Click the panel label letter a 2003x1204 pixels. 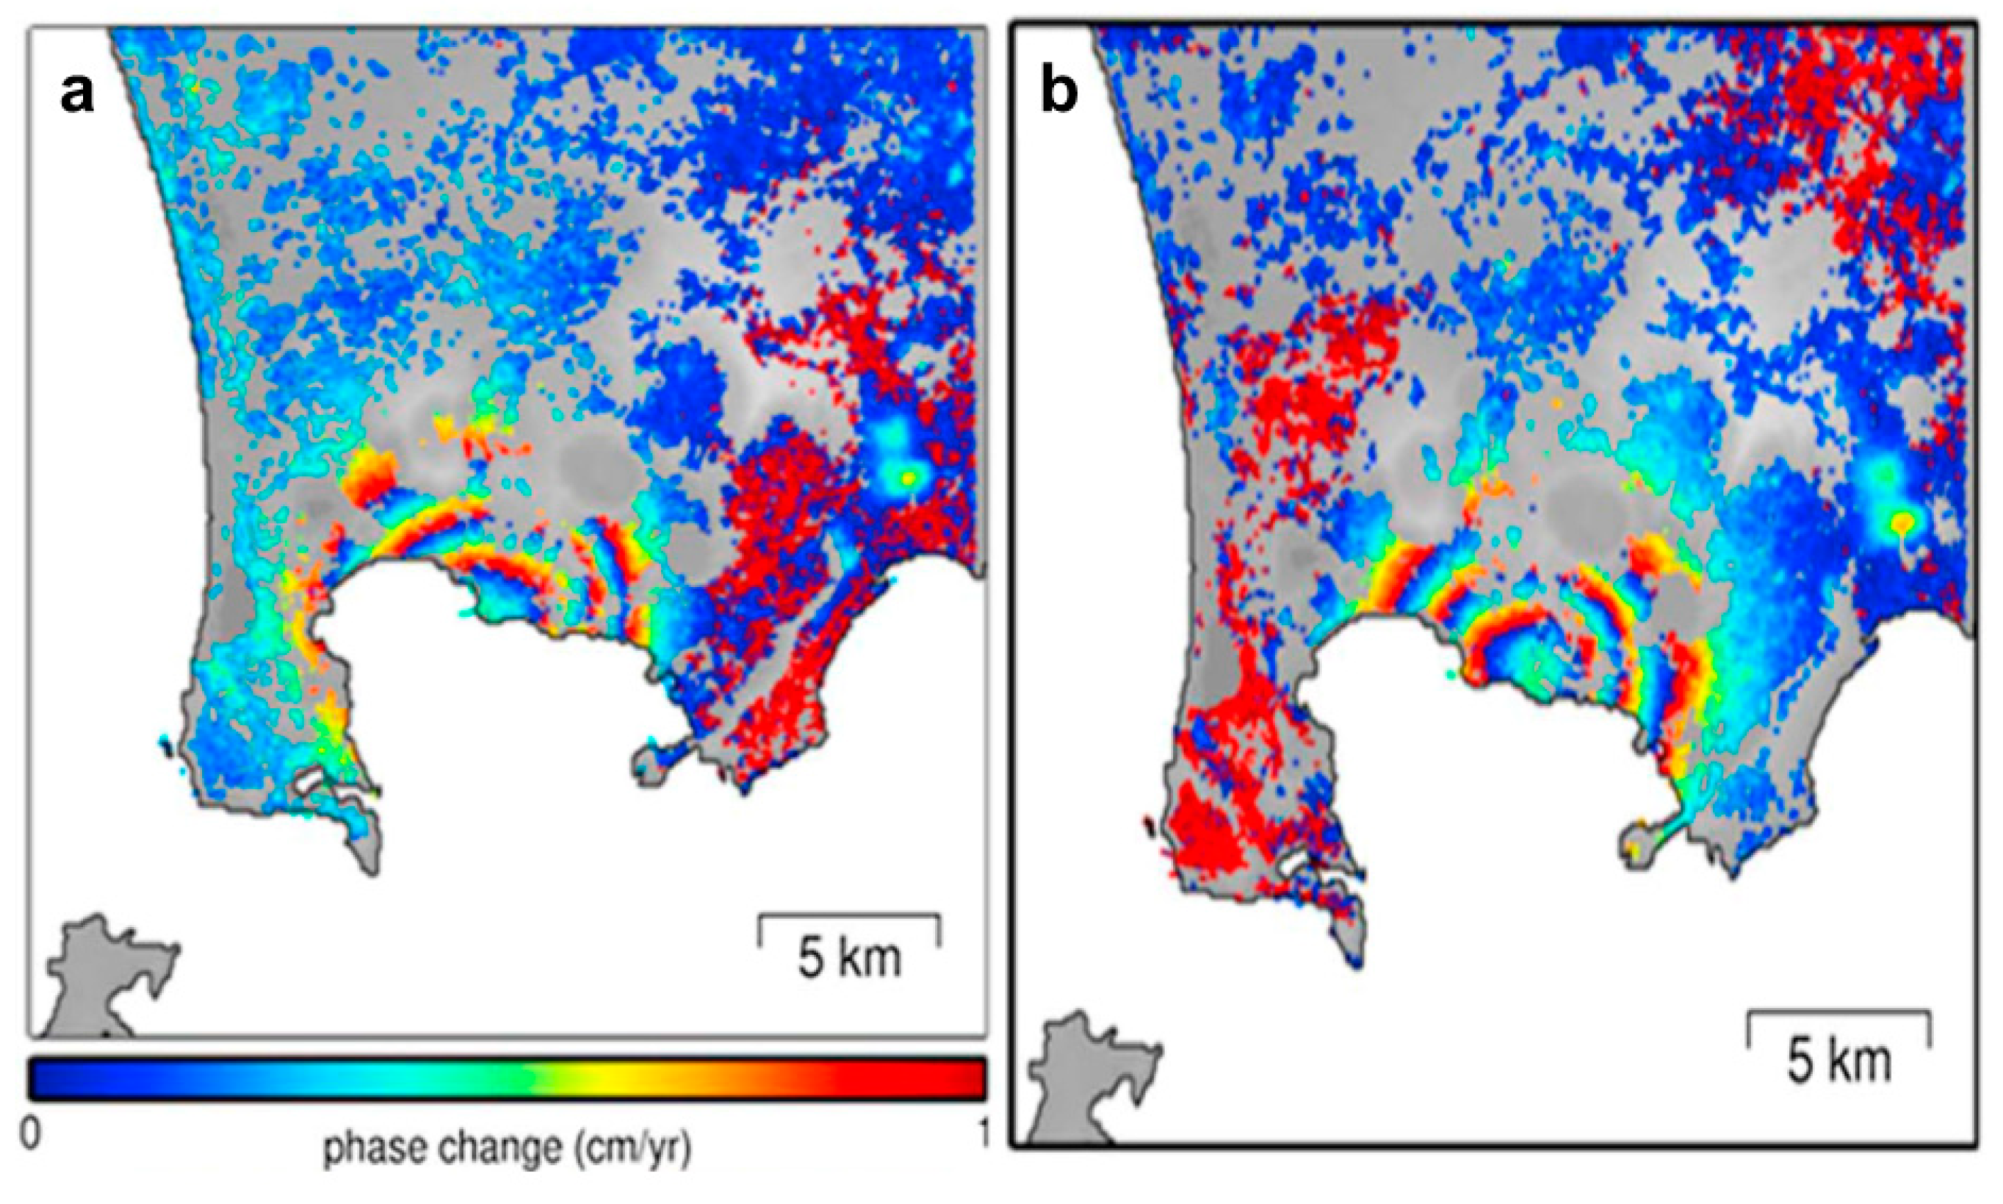[78, 96]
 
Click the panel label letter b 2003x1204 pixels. [1059, 96]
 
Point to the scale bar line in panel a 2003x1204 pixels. [849, 917]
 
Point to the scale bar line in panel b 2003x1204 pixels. [1838, 1012]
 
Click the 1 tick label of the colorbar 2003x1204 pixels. [982, 1135]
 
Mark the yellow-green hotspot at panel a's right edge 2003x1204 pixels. [908, 478]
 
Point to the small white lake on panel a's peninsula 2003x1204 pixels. [312, 783]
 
